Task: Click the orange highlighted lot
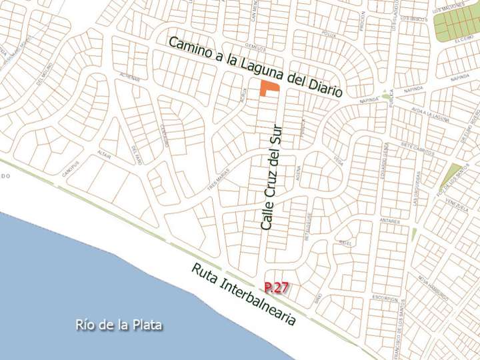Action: pyautogui.click(x=269, y=88)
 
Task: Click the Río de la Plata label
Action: pyautogui.click(x=119, y=325)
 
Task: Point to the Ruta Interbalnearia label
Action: pyautogui.click(x=243, y=294)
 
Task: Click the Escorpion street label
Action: pyautogui.click(x=385, y=299)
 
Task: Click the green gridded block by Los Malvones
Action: pyautogui.click(x=457, y=24)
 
